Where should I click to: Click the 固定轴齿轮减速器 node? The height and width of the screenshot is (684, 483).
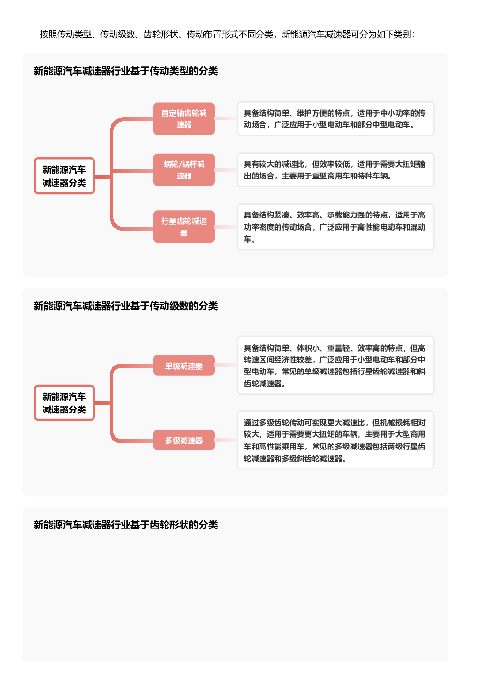(x=184, y=118)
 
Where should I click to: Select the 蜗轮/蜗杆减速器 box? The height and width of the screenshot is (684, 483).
(x=184, y=170)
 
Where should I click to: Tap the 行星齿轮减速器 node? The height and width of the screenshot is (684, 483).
(x=184, y=227)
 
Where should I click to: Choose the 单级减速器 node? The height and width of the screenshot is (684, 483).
(x=184, y=365)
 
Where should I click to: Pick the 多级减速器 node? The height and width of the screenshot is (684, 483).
(x=184, y=440)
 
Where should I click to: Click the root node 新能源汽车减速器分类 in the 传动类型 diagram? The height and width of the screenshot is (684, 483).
(x=64, y=176)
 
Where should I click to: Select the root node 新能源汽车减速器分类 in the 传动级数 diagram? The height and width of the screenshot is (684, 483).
(x=64, y=403)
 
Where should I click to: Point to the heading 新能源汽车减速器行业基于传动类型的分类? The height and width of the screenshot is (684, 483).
(x=126, y=71)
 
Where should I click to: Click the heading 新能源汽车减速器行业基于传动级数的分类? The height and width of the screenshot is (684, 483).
(x=126, y=306)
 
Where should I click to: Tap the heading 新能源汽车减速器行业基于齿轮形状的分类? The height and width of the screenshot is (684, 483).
(x=126, y=525)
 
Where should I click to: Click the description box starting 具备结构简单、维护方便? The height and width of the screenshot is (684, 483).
(x=335, y=119)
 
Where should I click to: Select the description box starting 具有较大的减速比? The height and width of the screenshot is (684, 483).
(x=335, y=170)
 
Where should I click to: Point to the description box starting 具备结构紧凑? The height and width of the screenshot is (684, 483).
(x=335, y=227)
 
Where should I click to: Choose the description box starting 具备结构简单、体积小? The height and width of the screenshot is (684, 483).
(x=335, y=366)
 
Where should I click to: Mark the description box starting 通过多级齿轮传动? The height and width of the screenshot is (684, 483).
(x=335, y=440)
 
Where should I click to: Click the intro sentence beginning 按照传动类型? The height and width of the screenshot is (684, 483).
(x=227, y=34)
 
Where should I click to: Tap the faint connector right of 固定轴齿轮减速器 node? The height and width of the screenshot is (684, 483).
(x=225, y=118)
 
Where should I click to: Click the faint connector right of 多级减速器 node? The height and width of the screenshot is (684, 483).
(x=225, y=440)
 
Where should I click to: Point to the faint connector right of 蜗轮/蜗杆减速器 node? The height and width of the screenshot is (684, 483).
(x=225, y=170)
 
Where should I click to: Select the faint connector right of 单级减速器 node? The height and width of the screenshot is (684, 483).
(x=225, y=365)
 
